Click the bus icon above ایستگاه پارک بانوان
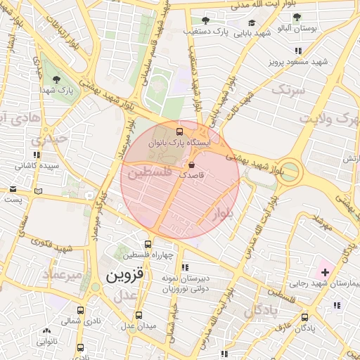click(179, 131)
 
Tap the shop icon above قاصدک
click(192, 164)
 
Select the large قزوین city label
click(124, 276)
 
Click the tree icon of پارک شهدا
click(56, 78)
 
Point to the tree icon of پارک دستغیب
click(205, 20)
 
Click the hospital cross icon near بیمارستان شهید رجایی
click(325, 271)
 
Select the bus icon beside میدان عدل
click(139, 315)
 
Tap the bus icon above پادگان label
click(305, 316)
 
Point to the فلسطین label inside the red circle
click(150, 171)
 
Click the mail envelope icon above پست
click(13, 188)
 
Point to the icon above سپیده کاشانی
click(36, 154)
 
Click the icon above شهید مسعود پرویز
click(299, 51)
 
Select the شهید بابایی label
click(253, 33)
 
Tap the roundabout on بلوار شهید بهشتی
click(288, 171)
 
